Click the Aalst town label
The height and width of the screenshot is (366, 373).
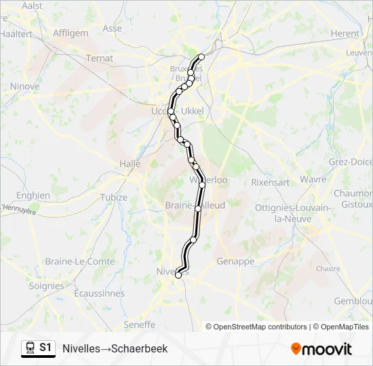point(32,5)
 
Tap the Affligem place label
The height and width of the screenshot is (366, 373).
point(71,33)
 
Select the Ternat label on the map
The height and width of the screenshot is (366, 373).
point(100,58)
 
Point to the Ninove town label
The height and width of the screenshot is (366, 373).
point(24,87)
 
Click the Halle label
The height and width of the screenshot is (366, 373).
point(130,163)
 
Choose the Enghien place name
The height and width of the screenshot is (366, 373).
point(33,195)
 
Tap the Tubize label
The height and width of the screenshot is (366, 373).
point(113,197)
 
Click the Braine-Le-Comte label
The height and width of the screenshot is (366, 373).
point(70,261)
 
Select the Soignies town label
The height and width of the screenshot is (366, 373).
point(46,286)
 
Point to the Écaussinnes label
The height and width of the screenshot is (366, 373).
point(99,293)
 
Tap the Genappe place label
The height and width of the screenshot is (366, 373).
point(235,261)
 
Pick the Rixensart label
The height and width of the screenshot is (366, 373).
point(270,182)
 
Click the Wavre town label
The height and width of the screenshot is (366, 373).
point(313,180)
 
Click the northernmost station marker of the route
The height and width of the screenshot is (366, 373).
point(201,57)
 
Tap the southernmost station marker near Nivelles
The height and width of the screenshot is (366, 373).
point(178,274)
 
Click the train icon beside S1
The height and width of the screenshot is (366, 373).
point(29,348)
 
